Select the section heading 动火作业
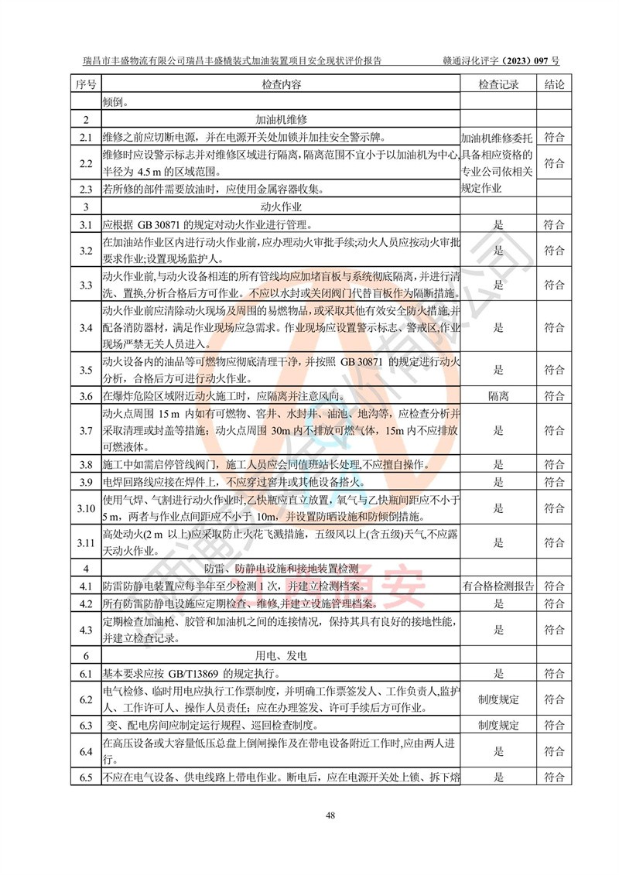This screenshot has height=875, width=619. click(x=281, y=207)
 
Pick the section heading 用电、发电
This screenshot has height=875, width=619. click(x=281, y=656)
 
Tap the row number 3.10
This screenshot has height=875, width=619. click(x=86, y=508)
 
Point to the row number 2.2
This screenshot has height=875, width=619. click(x=86, y=163)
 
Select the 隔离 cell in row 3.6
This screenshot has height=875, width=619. click(x=498, y=396)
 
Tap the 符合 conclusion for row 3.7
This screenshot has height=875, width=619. click(x=554, y=430)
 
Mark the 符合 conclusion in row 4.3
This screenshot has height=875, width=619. click(x=554, y=630)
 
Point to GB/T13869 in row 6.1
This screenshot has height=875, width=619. click(x=180, y=674)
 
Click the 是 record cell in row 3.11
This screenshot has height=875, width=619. click(x=498, y=542)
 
